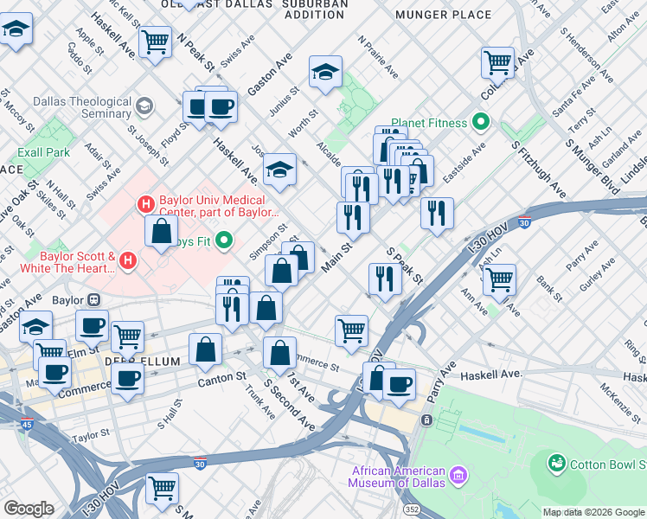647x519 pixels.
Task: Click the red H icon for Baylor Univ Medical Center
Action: pos(146,205)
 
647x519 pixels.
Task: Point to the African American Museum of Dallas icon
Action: pos(458,474)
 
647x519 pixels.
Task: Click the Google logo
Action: pos(29,509)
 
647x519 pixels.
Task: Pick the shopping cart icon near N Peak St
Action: pos(155,40)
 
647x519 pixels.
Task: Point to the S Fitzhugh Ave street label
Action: pos(537,169)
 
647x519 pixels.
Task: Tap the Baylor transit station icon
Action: pos(93,300)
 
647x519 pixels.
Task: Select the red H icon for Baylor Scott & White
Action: pos(128,259)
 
